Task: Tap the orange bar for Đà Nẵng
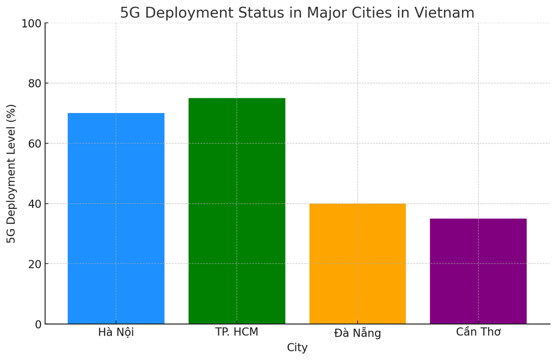tap(357, 263)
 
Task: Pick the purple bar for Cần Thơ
tap(478, 271)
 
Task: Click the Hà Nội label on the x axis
tap(116, 332)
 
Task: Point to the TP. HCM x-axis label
tap(237, 332)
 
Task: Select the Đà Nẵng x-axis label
tap(357, 333)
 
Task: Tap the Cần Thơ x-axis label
tap(478, 332)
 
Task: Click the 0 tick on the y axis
tap(37, 324)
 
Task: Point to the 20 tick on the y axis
tap(34, 264)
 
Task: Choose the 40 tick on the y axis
tap(34, 204)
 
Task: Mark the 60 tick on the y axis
tap(34, 143)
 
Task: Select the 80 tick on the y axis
tap(34, 83)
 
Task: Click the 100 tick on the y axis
tap(31, 23)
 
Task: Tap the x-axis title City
tap(297, 348)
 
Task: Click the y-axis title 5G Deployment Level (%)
tap(11, 173)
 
